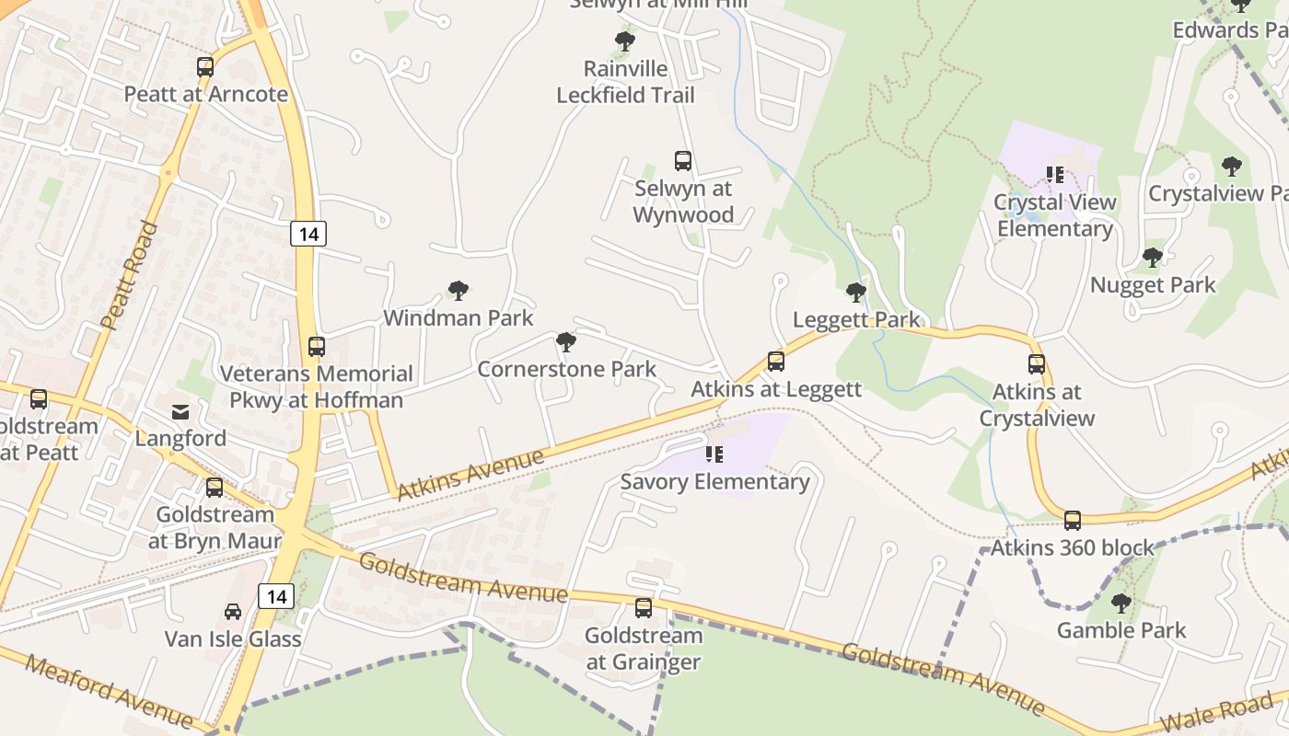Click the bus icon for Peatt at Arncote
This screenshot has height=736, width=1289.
point(205,67)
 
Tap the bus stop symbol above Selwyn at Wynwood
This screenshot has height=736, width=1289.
point(683,161)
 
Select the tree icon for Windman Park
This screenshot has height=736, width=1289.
point(459,291)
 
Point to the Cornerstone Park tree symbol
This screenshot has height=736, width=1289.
point(566,342)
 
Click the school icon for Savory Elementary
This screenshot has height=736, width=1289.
point(714,454)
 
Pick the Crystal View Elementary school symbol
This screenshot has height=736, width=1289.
point(1055,174)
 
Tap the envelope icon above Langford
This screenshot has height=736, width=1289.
point(180,411)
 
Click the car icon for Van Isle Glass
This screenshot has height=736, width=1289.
point(233,612)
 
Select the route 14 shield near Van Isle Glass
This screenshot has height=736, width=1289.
point(275,596)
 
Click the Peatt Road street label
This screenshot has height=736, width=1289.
point(129,275)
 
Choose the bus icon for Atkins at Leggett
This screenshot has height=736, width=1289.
point(776,362)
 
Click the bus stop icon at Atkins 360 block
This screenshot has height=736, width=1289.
point(1073,521)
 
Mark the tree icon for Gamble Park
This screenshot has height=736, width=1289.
point(1121,604)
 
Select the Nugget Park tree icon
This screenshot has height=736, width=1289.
point(1152,258)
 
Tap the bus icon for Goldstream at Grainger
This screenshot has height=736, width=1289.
point(644,608)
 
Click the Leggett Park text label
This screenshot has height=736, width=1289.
point(856,320)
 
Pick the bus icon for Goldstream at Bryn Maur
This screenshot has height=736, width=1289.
point(215,488)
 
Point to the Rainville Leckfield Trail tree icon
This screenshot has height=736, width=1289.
point(625,41)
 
